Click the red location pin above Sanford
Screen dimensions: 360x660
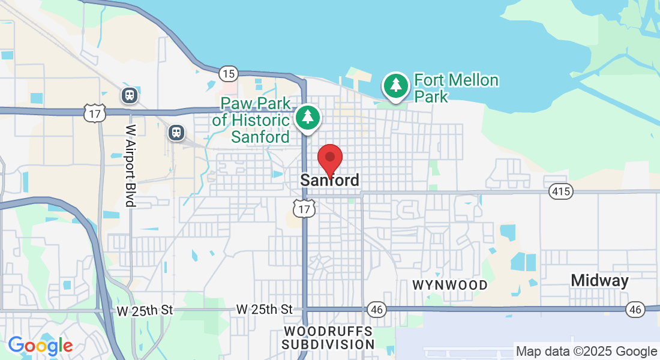[x=329, y=159]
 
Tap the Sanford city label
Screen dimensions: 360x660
[x=329, y=180]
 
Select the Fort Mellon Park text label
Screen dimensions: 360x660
[x=456, y=88]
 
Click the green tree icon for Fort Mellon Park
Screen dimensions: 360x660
[x=395, y=86]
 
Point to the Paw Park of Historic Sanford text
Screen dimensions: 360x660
[x=251, y=120]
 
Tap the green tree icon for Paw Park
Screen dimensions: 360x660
[x=308, y=117]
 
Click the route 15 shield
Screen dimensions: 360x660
[x=227, y=74]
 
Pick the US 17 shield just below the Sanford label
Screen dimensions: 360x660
[x=304, y=209]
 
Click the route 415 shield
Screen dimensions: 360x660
[x=560, y=192]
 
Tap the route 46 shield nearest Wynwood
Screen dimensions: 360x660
[x=377, y=310]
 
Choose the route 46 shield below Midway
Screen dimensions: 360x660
[x=635, y=310]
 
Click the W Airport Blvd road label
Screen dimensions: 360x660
[x=131, y=166]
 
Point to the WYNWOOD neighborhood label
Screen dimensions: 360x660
[x=450, y=285]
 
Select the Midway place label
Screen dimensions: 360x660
[x=599, y=280]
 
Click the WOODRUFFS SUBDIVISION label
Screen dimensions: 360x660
[x=328, y=338]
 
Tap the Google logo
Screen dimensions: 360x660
[x=40, y=346]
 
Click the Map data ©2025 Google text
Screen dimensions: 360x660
[x=586, y=352]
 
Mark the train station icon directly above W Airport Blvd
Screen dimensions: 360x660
[x=129, y=95]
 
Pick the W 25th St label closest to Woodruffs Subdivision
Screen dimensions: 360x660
[x=264, y=310]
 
